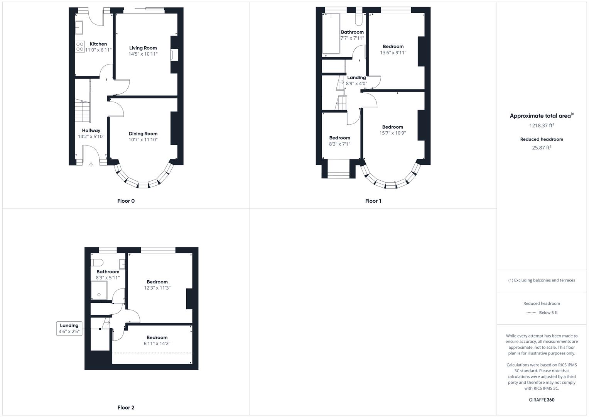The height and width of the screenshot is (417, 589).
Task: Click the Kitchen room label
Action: pyautogui.click(x=98, y=44)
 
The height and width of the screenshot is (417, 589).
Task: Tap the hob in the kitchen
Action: pyautogui.click(x=80, y=47)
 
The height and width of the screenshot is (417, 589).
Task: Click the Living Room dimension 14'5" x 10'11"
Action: pyautogui.click(x=143, y=54)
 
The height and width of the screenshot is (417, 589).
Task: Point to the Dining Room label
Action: pyautogui.click(x=143, y=134)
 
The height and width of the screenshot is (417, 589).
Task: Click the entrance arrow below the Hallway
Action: pyautogui.click(x=91, y=164)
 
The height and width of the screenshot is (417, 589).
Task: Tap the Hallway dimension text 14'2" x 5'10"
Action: pyautogui.click(x=91, y=137)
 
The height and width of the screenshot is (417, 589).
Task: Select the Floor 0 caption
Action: pyautogui.click(x=126, y=201)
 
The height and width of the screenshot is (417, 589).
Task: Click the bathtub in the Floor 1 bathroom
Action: pyautogui.click(x=331, y=34)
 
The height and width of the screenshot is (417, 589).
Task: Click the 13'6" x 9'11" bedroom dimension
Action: pyautogui.click(x=393, y=53)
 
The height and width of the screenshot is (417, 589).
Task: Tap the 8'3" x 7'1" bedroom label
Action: pyautogui.click(x=339, y=138)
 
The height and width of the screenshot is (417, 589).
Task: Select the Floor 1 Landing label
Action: pyautogui.click(x=356, y=78)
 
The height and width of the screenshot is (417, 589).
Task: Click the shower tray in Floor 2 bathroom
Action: pyautogui.click(x=99, y=290)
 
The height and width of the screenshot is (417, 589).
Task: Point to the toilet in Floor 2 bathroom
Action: pyautogui.click(x=97, y=263)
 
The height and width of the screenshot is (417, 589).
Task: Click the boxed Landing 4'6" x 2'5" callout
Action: pyautogui.click(x=69, y=329)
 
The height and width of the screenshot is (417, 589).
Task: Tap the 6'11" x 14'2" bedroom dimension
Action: pyautogui.click(x=157, y=343)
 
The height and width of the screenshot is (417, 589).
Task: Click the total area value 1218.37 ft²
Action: pyautogui.click(x=542, y=125)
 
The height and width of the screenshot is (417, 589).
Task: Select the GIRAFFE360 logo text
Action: pyautogui.click(x=542, y=400)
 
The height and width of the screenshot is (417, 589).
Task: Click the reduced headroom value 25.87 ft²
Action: pyautogui.click(x=542, y=147)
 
